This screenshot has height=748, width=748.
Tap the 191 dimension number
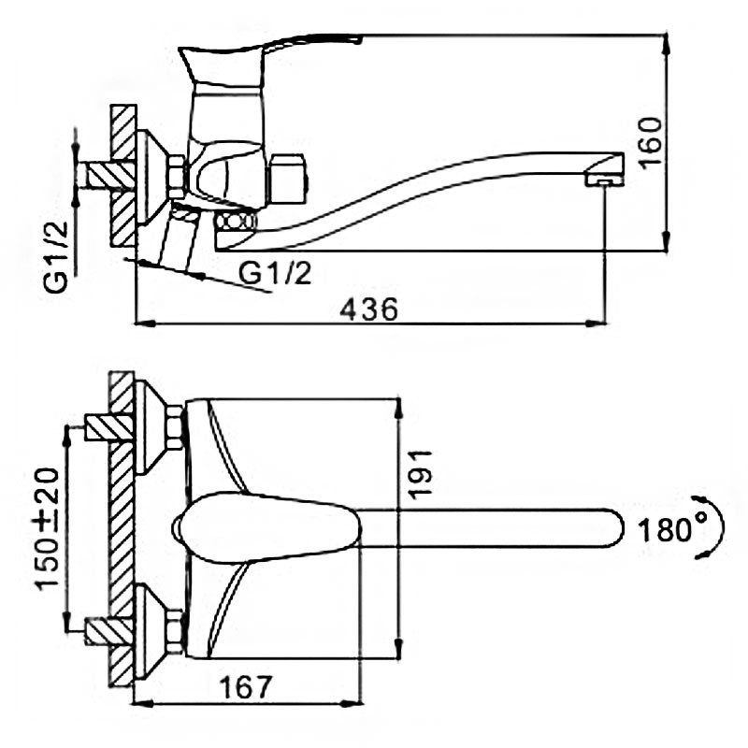420,475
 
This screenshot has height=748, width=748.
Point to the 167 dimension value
245,687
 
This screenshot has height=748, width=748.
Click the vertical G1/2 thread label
56,257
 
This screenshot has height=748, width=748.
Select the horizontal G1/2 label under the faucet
275,274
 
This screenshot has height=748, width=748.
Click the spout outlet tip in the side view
604,181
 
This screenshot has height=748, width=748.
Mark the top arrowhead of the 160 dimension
667,44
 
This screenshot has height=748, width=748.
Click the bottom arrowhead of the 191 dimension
399,648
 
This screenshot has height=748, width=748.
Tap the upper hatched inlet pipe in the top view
108,427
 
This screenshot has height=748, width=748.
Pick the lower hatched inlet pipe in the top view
108,631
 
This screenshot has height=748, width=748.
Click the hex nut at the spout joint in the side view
235,223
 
